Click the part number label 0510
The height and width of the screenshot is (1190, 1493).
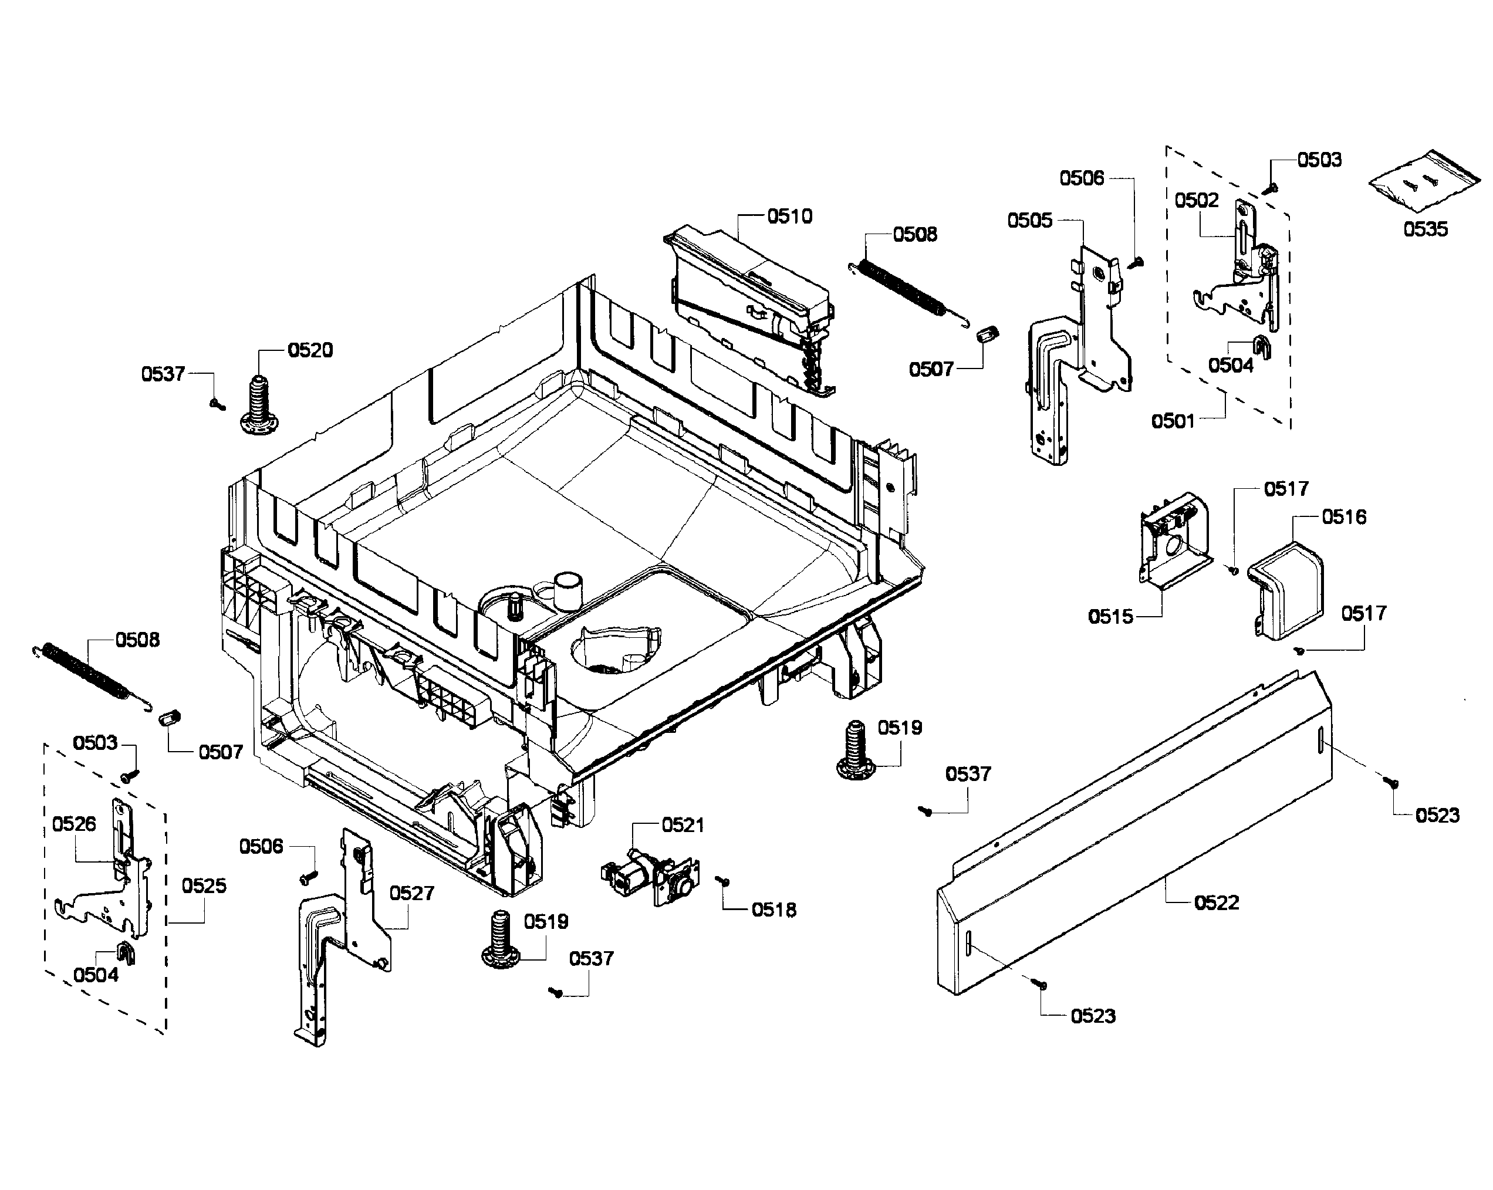point(789,217)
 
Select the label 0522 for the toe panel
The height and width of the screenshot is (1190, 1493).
point(1216,902)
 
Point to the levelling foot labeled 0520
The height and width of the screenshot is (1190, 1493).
point(259,407)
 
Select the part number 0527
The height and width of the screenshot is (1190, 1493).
point(411,893)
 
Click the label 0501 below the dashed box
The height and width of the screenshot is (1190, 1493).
point(1173,420)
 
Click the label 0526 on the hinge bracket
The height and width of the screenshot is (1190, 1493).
point(74,824)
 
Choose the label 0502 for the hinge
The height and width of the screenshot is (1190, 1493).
point(1196,201)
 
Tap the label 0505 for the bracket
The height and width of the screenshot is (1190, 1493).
point(1030,220)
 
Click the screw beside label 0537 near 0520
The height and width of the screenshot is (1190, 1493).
point(218,404)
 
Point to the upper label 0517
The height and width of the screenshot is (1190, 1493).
point(1286,489)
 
